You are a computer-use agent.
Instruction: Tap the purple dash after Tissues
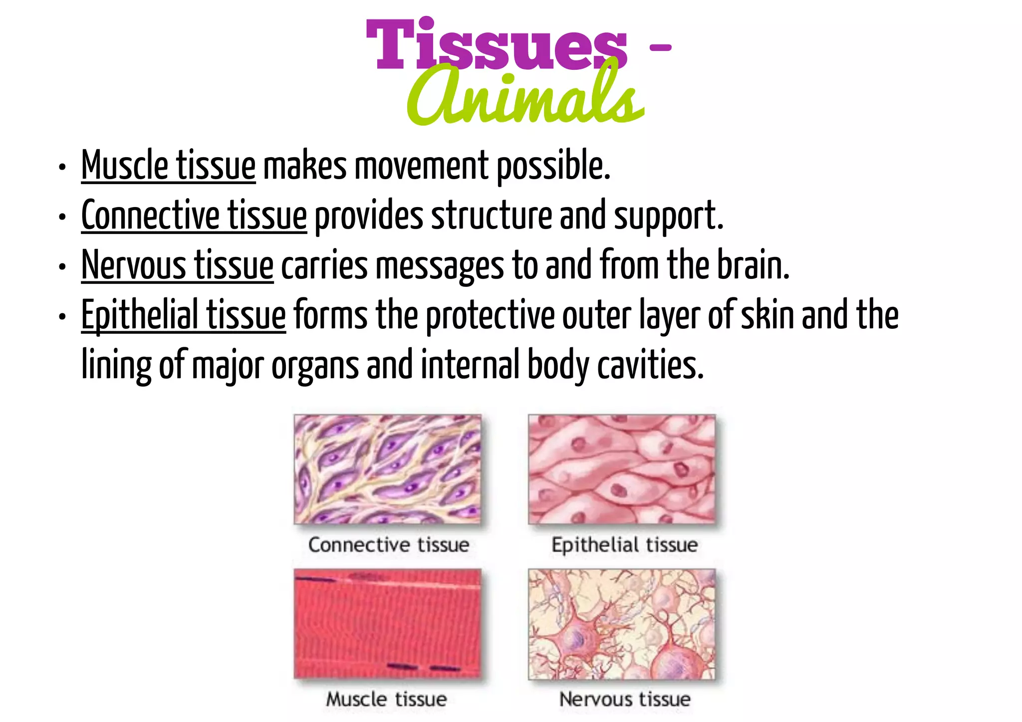tap(661, 47)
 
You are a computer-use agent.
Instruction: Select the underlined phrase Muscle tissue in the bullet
tap(168, 166)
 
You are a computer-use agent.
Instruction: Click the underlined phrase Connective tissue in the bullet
tap(194, 216)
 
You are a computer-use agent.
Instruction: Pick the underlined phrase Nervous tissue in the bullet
tap(177, 265)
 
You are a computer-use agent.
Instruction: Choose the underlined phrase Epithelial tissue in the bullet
tap(183, 315)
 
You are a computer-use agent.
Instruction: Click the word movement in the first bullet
tap(422, 166)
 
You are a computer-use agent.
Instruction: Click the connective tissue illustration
tap(388, 469)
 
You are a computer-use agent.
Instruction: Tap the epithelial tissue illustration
tap(622, 469)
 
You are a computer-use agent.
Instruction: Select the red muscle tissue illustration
tap(388, 624)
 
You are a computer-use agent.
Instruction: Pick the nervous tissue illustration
tap(622, 624)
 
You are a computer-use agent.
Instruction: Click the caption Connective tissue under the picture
tap(389, 545)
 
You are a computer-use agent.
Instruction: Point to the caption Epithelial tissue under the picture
tap(624, 545)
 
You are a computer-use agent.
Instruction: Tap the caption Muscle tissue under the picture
tap(386, 699)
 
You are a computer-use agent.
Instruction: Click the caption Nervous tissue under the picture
tap(625, 699)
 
